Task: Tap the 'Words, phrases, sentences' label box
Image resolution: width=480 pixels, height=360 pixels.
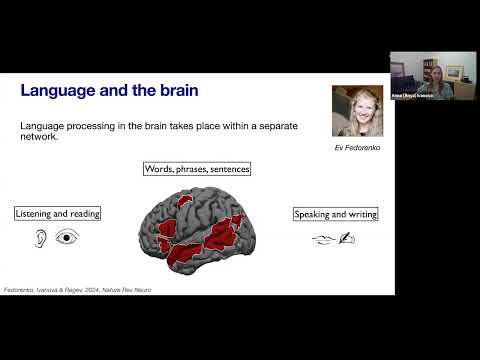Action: click(197, 169)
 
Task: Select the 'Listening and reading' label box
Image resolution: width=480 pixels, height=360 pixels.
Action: click(57, 214)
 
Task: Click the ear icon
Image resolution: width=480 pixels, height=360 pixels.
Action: click(39, 238)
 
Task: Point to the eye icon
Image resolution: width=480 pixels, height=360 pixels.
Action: click(67, 238)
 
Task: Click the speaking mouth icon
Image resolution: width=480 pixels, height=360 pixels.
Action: click(321, 239)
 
